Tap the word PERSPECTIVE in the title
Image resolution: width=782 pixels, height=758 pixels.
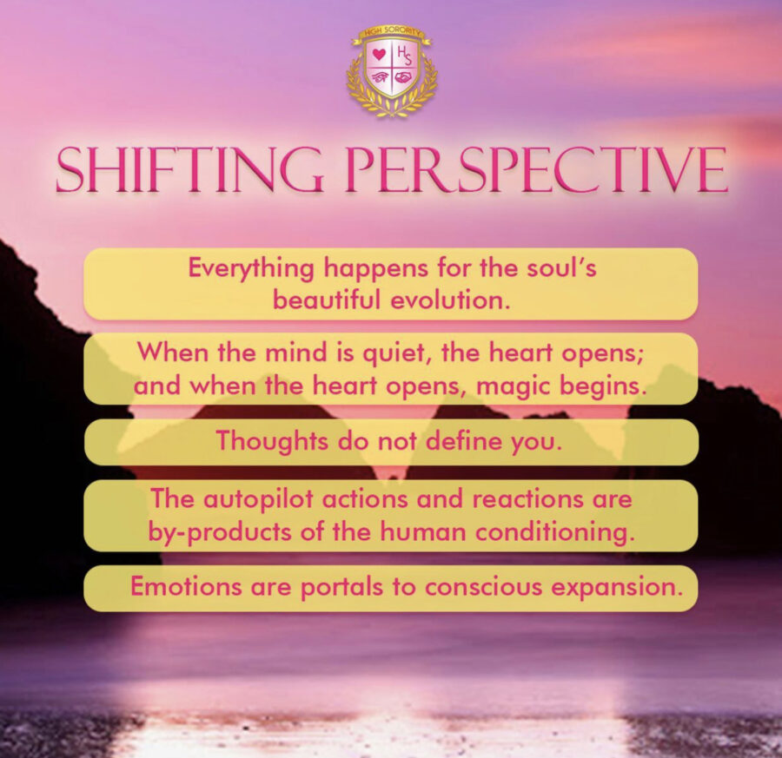[536, 170]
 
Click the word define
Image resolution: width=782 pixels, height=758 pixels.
[457, 441]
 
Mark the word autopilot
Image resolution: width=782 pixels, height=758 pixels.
[253, 500]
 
